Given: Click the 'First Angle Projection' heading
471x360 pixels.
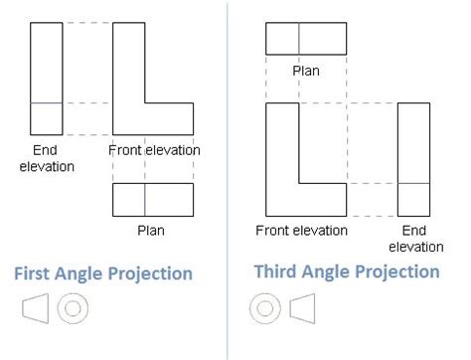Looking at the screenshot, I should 102,273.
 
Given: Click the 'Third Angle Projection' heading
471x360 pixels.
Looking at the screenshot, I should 347,271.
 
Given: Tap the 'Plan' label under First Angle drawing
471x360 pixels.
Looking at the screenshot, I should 151,231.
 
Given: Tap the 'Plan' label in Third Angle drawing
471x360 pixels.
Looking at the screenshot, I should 305,71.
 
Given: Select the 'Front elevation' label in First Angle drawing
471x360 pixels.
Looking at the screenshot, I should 154,150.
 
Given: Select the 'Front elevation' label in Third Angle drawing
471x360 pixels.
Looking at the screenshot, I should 301,231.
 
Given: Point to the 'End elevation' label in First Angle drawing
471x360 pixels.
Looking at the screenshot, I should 46,158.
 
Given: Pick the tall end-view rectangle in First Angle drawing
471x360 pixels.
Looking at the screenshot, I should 46,79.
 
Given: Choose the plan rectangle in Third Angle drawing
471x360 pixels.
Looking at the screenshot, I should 305,38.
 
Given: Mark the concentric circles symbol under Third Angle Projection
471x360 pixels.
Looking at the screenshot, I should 264,308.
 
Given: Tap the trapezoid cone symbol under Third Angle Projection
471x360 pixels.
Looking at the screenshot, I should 302,308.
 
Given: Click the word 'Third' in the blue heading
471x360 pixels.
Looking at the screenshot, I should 280,271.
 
